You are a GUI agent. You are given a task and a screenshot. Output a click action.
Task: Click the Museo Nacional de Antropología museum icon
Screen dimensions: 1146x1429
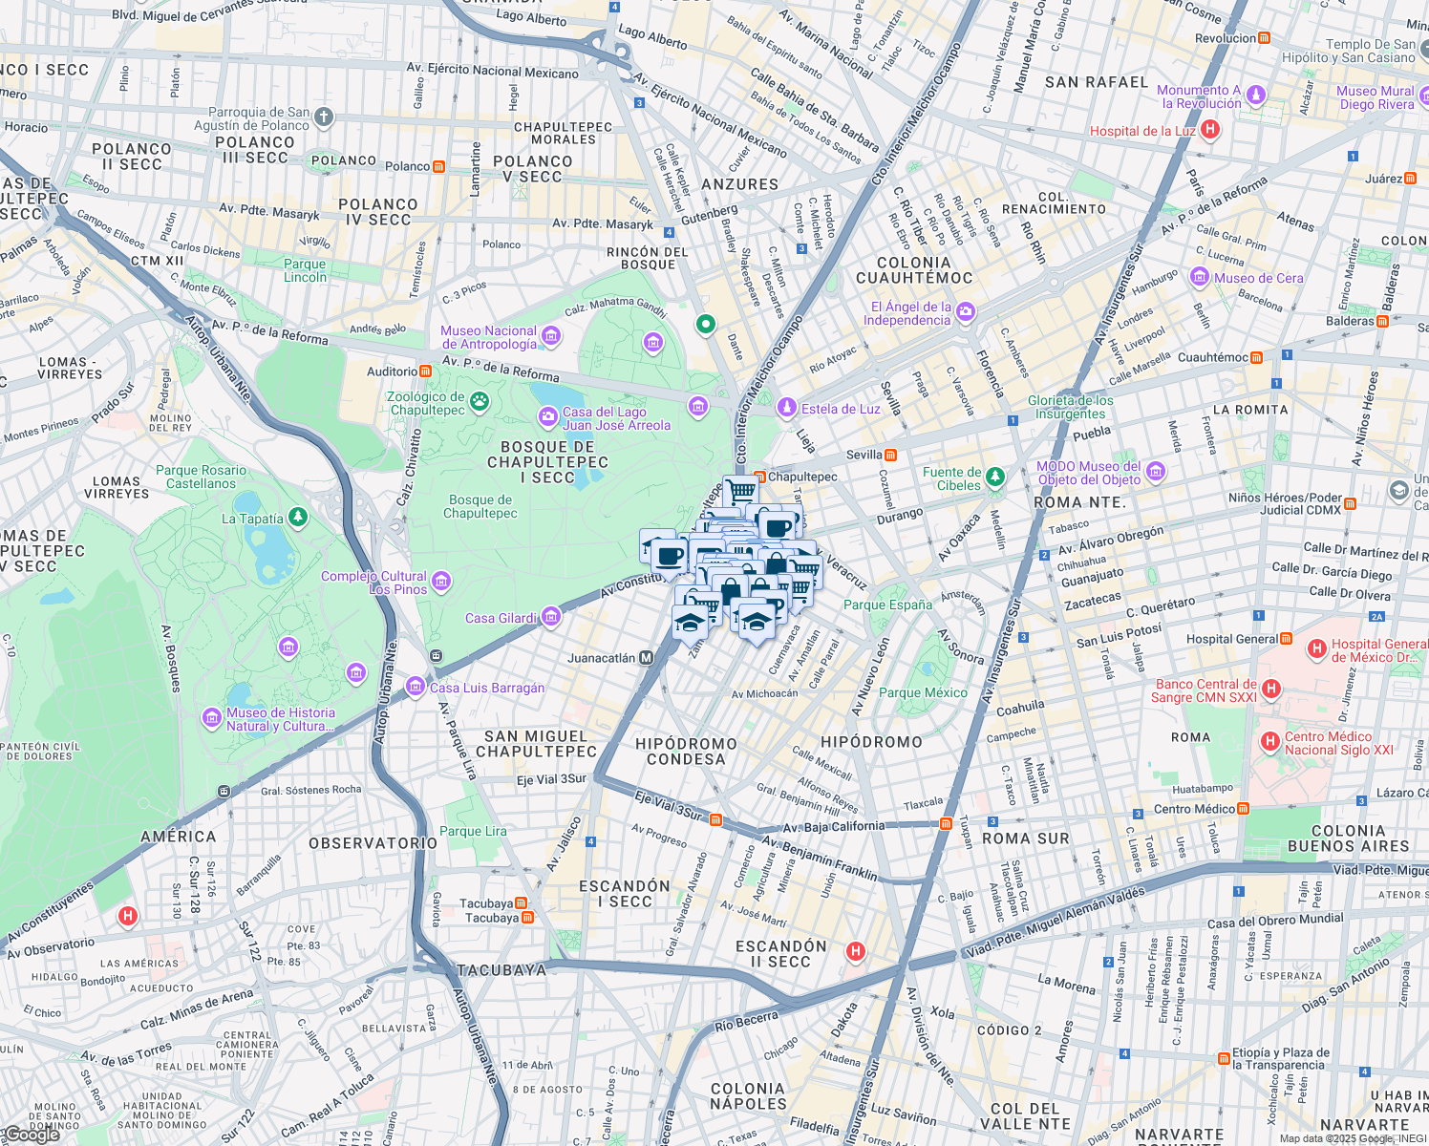pyautogui.click(x=551, y=335)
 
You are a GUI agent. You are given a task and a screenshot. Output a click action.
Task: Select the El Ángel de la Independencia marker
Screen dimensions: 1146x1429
pyautogui.click(x=966, y=312)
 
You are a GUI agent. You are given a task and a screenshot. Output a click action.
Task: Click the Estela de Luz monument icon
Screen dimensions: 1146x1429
pyautogui.click(x=786, y=408)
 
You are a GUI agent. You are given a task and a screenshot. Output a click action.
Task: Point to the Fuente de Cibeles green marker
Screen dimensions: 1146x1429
pyautogui.click(x=995, y=476)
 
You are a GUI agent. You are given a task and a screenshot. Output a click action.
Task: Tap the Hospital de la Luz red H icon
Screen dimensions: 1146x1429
pyautogui.click(x=1210, y=130)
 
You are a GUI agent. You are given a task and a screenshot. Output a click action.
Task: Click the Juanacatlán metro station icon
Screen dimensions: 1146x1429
pyautogui.click(x=647, y=658)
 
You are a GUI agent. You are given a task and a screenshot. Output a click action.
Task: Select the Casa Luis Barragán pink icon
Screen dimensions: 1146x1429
pyautogui.click(x=416, y=687)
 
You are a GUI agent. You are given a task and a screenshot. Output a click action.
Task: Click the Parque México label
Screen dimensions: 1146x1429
pyautogui.click(x=923, y=692)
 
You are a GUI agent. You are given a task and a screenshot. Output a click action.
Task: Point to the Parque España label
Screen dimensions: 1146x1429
pyautogui.click(x=887, y=605)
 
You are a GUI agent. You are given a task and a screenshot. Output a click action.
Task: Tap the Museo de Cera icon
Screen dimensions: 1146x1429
pyautogui.click(x=1200, y=278)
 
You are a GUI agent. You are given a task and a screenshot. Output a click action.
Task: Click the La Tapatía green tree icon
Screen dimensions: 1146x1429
pyautogui.click(x=299, y=518)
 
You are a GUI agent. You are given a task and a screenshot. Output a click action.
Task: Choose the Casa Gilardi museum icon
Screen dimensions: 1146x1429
pyautogui.click(x=551, y=618)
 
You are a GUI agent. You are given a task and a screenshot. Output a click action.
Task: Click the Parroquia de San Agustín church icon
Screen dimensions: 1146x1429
pyautogui.click(x=324, y=117)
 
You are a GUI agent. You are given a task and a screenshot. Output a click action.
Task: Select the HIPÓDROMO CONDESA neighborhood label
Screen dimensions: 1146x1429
pyautogui.click(x=686, y=752)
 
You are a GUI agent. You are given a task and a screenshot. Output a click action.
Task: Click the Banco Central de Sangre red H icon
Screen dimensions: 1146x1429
pyautogui.click(x=1270, y=689)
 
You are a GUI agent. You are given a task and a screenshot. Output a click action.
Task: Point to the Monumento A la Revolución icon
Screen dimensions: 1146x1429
pyautogui.click(x=1256, y=95)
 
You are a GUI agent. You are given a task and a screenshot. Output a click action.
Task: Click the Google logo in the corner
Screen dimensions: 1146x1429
pyautogui.click(x=31, y=1135)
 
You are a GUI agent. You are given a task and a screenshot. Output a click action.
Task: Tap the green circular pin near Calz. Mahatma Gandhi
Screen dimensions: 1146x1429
pyautogui.click(x=705, y=325)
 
